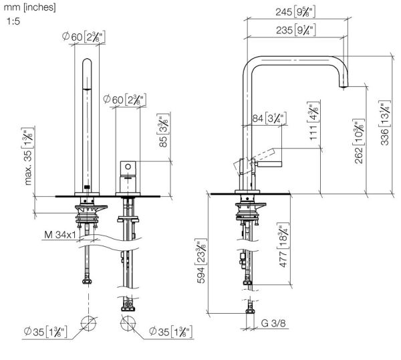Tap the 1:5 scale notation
(x=13, y=22)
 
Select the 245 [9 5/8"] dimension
(x=294, y=11)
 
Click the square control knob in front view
(x=127, y=167)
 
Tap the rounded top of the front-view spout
(x=88, y=64)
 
